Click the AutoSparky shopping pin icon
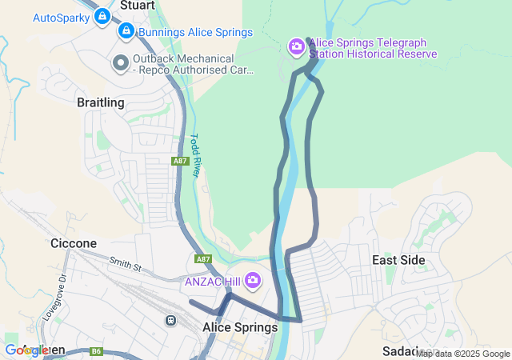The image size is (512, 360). [102, 16]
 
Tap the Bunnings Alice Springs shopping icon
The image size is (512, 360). [126, 32]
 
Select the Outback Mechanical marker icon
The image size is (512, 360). [121, 62]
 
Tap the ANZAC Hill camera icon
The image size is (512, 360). [254, 280]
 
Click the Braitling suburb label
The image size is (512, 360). [101, 102]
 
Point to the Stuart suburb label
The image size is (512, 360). [137, 5]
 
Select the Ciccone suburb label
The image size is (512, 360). [74, 243]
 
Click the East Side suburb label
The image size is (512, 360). [398, 260]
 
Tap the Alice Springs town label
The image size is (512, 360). [240, 327]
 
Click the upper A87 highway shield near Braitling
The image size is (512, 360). [181, 162]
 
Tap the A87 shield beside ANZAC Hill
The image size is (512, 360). [203, 259]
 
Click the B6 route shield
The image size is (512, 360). [97, 350]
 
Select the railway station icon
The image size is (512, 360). [170, 320]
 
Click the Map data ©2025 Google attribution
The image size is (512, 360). [462, 354]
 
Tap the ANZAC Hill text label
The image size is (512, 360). [213, 281]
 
